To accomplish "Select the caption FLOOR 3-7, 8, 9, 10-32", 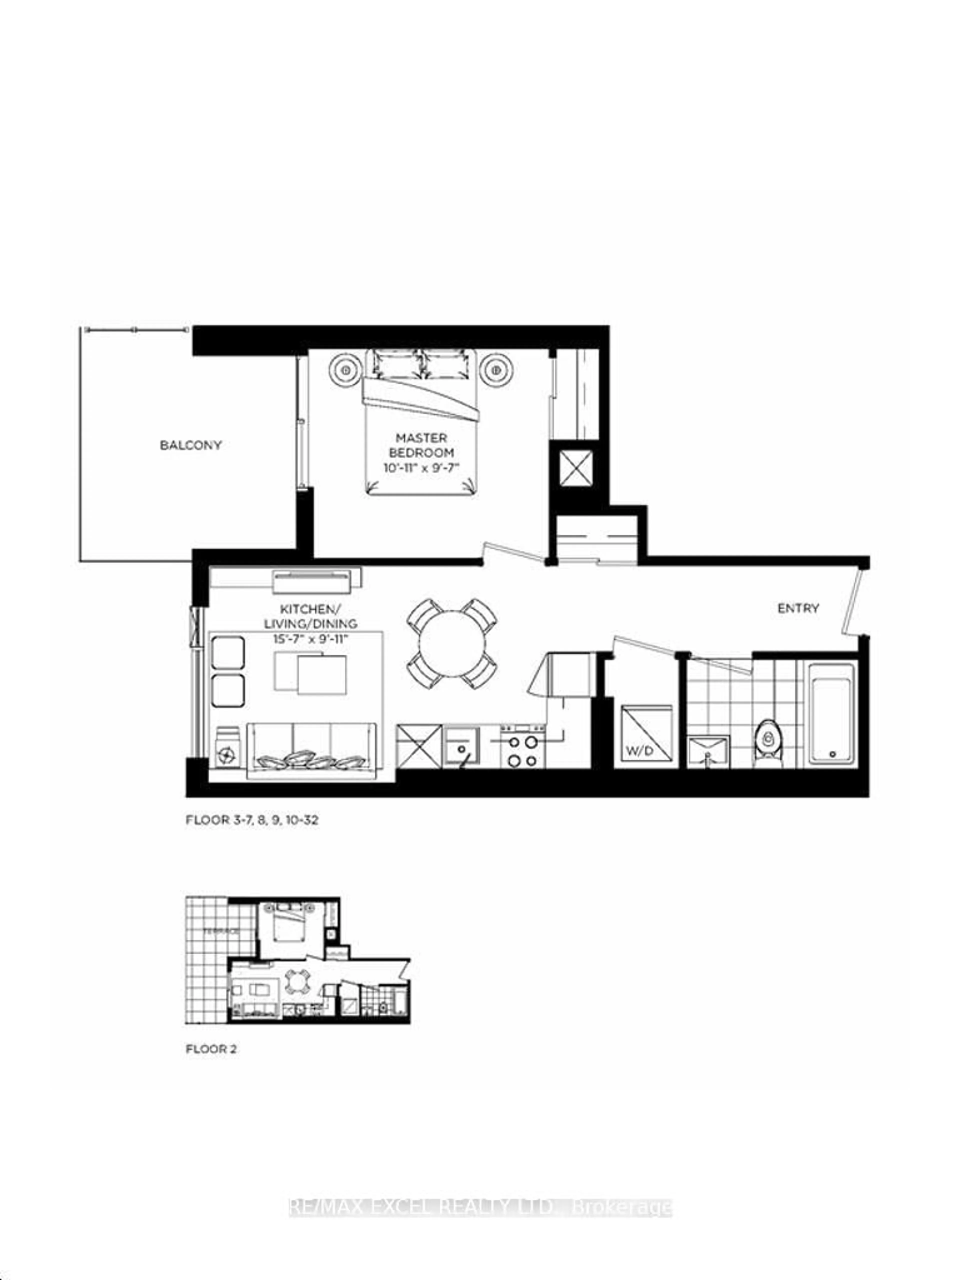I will [x=252, y=820].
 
